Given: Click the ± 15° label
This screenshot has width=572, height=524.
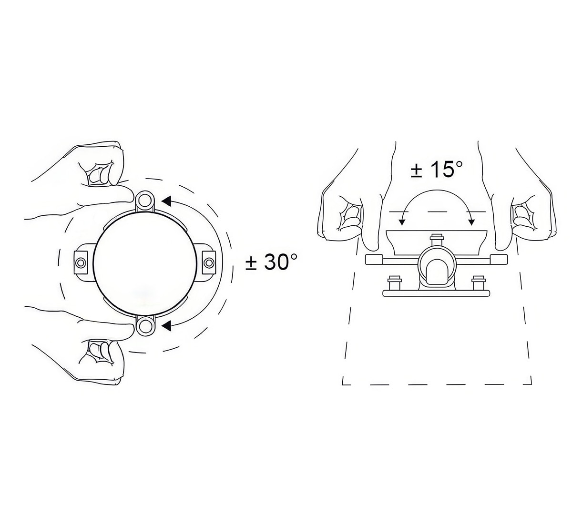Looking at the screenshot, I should pos(436,170).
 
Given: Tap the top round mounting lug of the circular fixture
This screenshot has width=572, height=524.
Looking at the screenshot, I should pos(145,200).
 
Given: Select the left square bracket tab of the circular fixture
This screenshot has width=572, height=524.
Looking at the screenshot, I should pos(81,262).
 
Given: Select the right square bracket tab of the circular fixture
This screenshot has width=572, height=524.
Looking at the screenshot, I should pos(209,262).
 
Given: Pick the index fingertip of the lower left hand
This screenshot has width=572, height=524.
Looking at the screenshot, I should pos(129,329).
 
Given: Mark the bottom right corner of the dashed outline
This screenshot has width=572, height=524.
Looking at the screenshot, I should pos(531,383).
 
